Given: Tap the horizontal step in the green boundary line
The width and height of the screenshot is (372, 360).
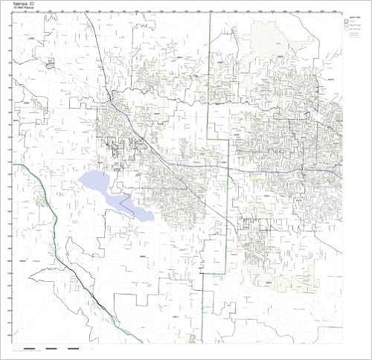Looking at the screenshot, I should tap(217, 139).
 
